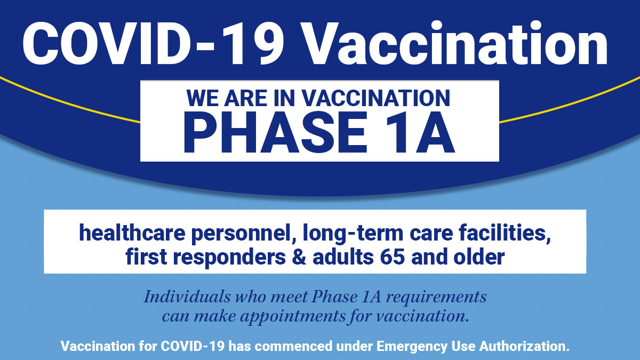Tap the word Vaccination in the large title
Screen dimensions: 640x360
(x=454, y=43)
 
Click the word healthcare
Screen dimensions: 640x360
(x=132, y=233)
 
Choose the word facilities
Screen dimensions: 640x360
(x=505, y=234)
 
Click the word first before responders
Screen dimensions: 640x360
(x=146, y=257)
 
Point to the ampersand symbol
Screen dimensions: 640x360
(x=299, y=257)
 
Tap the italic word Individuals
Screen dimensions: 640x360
(x=187, y=297)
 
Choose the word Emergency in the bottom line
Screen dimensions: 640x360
(x=412, y=347)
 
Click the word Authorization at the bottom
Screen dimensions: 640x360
(x=525, y=346)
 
